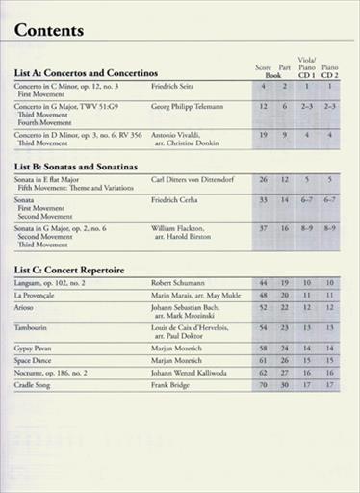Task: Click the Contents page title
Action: click(49, 30)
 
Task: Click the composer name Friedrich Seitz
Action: click(177, 87)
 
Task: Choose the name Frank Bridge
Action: click(175, 385)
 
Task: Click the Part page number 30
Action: click(284, 385)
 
